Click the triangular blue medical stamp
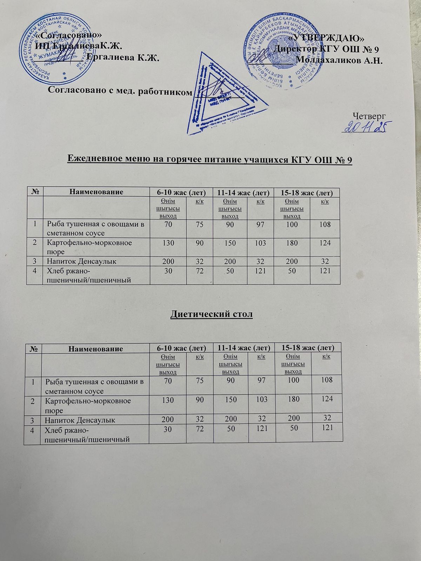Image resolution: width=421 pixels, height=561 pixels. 225,95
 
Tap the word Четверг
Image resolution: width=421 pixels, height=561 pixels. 369,115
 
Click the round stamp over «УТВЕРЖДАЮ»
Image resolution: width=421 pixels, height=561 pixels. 277,53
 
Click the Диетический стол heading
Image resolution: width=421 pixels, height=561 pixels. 211,314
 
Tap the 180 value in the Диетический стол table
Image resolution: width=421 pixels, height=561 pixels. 292,399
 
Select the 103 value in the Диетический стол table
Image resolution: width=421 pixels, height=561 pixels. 261,399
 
